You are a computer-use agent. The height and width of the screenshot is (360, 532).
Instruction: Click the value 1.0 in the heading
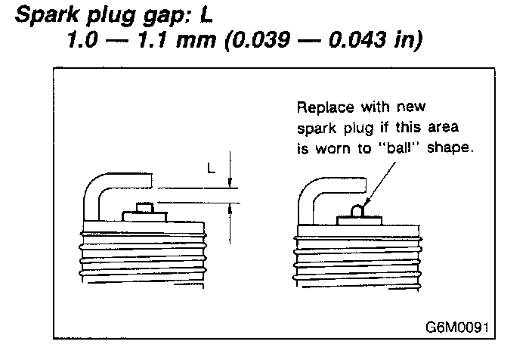tap(79, 40)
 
